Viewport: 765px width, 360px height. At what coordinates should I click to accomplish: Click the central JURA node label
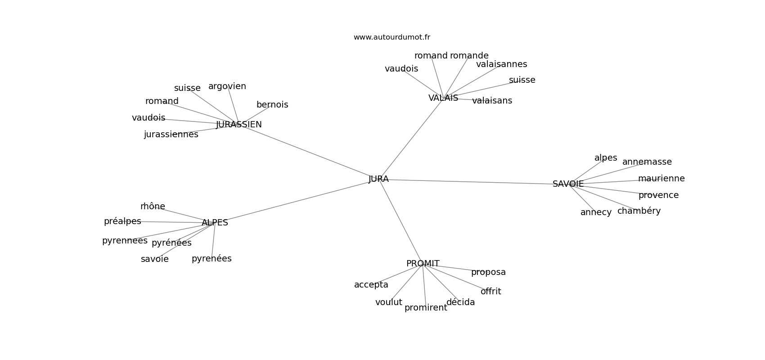point(378,179)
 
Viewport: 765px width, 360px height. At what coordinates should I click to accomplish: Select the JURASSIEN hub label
point(238,125)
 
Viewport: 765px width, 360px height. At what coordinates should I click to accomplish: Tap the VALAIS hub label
point(443,98)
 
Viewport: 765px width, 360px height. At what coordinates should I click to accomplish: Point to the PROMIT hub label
point(423,264)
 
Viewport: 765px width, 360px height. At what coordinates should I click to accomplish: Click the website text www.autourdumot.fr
point(391,37)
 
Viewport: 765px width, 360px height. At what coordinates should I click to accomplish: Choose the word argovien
point(227,86)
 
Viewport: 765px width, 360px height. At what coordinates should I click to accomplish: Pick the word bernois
point(272,104)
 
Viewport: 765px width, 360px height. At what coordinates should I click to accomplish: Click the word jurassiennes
point(171,135)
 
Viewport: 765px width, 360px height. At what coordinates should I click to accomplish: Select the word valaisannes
point(502,64)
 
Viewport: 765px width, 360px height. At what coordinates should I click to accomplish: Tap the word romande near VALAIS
point(469,56)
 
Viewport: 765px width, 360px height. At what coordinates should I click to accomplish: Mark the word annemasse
point(647,162)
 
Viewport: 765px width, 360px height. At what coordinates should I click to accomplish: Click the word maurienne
point(661,179)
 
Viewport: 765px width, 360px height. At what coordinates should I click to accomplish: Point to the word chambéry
point(639,211)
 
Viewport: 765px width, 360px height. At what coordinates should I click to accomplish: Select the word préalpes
point(122,221)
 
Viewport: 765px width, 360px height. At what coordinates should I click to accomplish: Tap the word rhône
point(153,206)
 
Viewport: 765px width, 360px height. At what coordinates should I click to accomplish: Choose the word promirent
point(426,308)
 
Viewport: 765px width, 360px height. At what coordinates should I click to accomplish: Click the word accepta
point(371,285)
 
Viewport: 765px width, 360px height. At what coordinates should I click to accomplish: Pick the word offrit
point(491,291)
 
